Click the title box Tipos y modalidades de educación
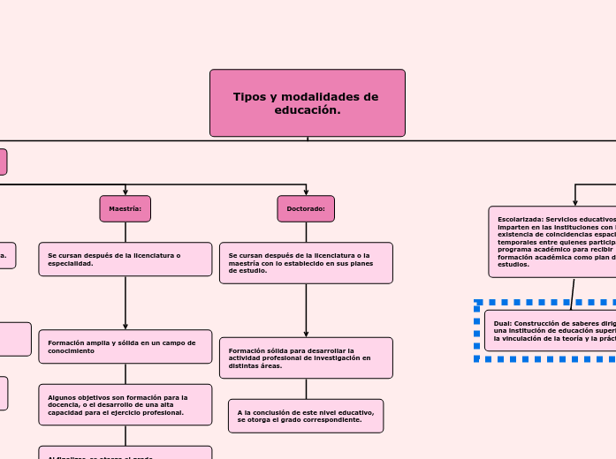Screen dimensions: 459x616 tap(307, 103)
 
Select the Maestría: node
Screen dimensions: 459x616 tap(125, 209)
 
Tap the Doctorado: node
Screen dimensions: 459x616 tap(306, 209)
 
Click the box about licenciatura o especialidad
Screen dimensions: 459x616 tap(125, 260)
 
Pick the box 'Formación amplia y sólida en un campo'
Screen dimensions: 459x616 tap(125, 347)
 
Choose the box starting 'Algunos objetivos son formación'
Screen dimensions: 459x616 tap(125, 405)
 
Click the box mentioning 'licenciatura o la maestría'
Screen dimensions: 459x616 tap(306, 263)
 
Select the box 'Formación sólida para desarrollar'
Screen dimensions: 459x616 tap(306, 357)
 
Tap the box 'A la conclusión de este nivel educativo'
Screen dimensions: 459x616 tap(306, 416)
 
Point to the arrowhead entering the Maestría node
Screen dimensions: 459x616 tap(125, 192)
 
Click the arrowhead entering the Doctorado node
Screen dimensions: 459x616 tap(306, 192)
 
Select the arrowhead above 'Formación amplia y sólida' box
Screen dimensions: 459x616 tap(125, 326)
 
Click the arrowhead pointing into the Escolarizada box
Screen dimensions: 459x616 tap(575, 202)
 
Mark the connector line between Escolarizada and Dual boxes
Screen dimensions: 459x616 tap(573, 294)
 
